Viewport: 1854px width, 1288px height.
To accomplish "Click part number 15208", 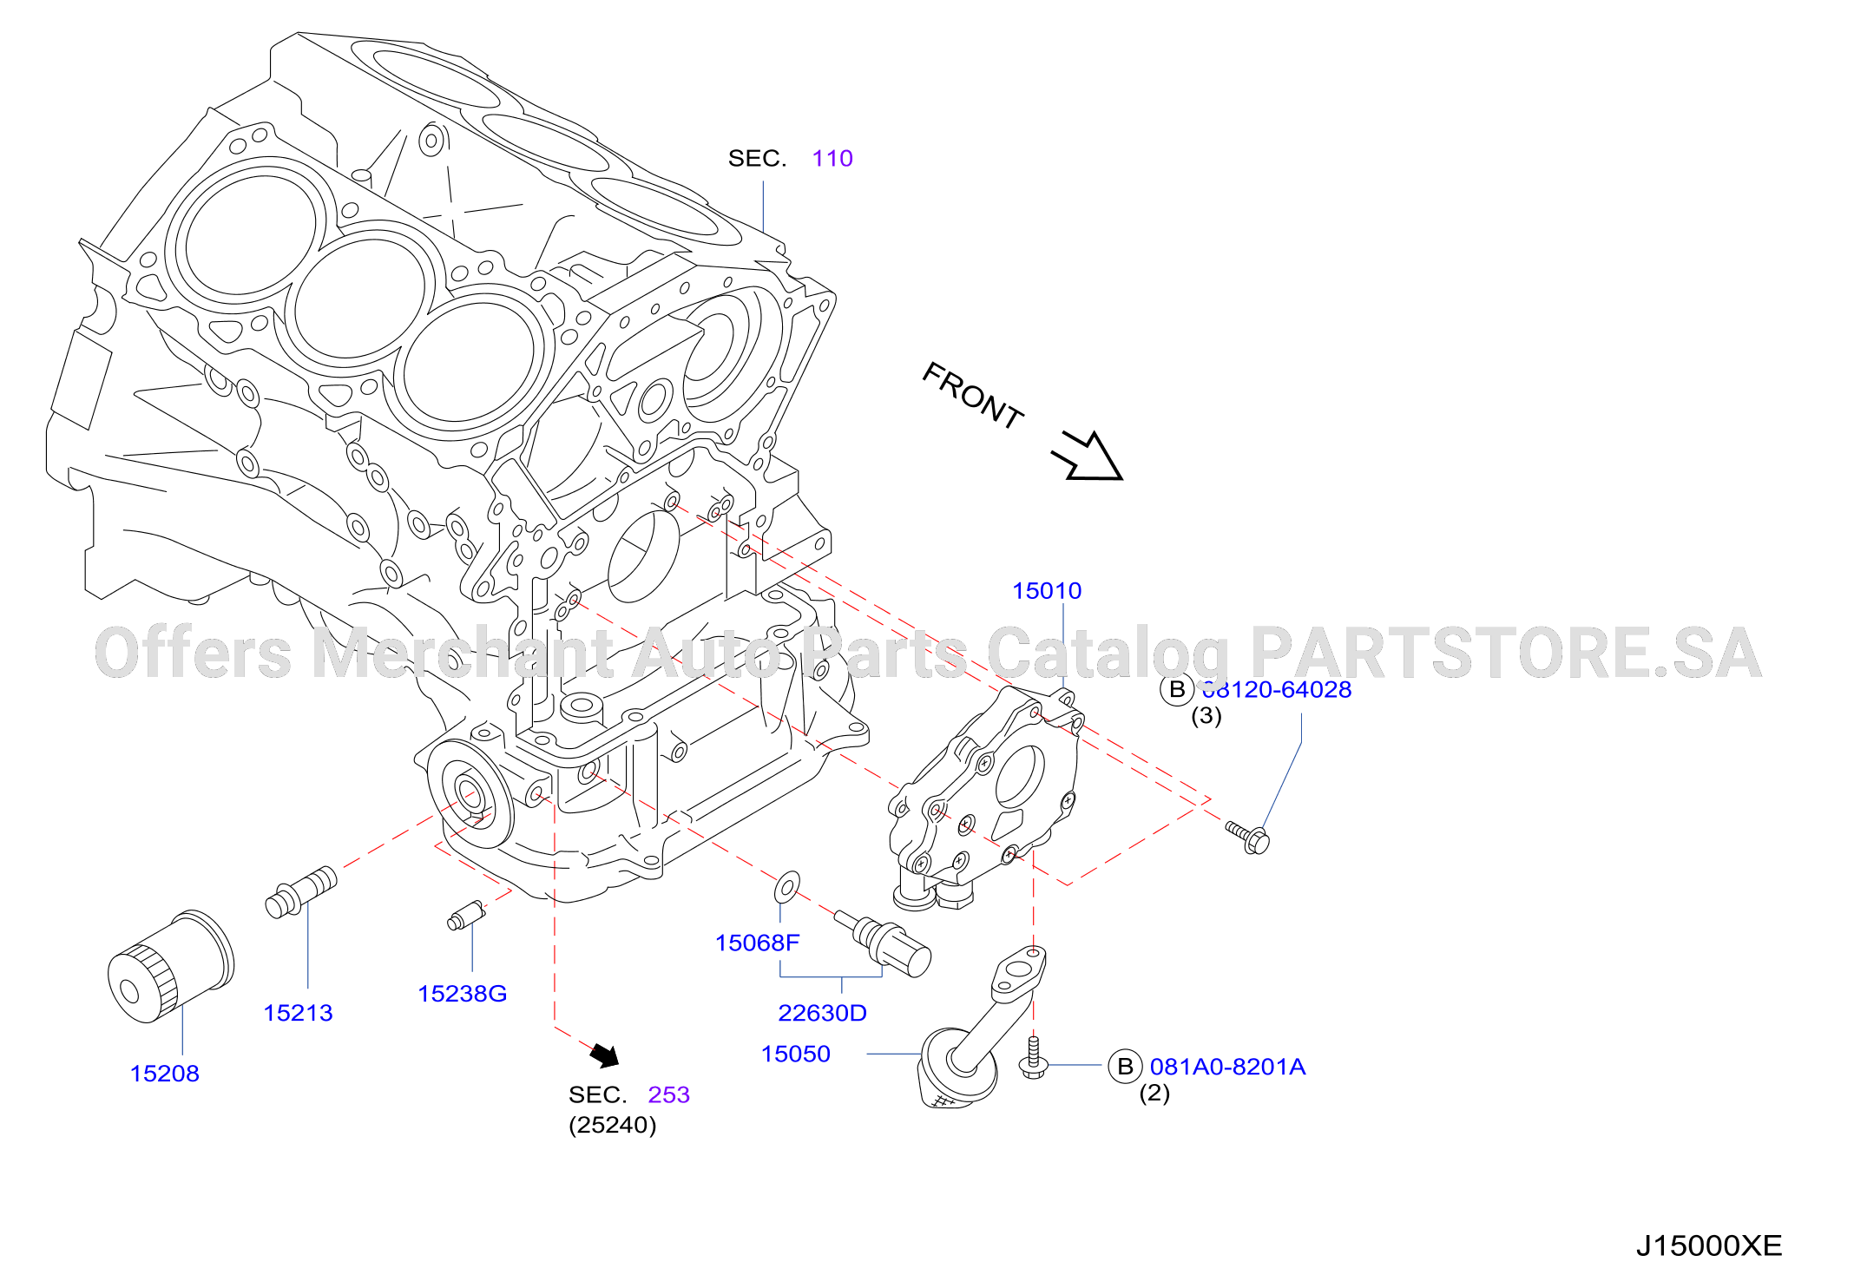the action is coord(165,1074).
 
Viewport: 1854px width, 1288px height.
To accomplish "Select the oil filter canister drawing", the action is coord(171,966).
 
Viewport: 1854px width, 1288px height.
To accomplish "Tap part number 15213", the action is coord(298,1013).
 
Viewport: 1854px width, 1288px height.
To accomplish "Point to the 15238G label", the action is coord(462,994).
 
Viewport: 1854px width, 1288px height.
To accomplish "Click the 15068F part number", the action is coord(757,943).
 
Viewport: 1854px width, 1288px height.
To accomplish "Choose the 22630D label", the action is coord(822,1013).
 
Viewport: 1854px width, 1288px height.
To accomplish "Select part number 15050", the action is coord(796,1054).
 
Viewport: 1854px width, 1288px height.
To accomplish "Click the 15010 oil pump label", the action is coord(1047,591).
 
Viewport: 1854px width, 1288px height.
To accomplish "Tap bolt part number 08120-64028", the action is coord(1276,690).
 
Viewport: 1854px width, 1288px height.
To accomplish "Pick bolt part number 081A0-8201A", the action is coord(1227,1067).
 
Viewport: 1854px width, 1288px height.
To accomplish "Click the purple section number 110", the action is coord(832,159).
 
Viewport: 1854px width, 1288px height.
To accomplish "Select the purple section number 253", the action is coord(668,1094).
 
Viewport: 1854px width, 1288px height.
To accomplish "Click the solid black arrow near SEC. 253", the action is coord(605,1055).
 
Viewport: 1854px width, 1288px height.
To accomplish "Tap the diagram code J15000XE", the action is coord(1708,1246).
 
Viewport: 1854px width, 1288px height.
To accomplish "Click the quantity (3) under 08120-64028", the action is coord(1206,716).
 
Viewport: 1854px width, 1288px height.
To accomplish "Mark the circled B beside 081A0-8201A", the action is coord(1125,1067).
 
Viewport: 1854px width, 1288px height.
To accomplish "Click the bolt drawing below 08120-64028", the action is coord(1247,836).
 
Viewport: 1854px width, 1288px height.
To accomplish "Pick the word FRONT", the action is coord(972,396).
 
